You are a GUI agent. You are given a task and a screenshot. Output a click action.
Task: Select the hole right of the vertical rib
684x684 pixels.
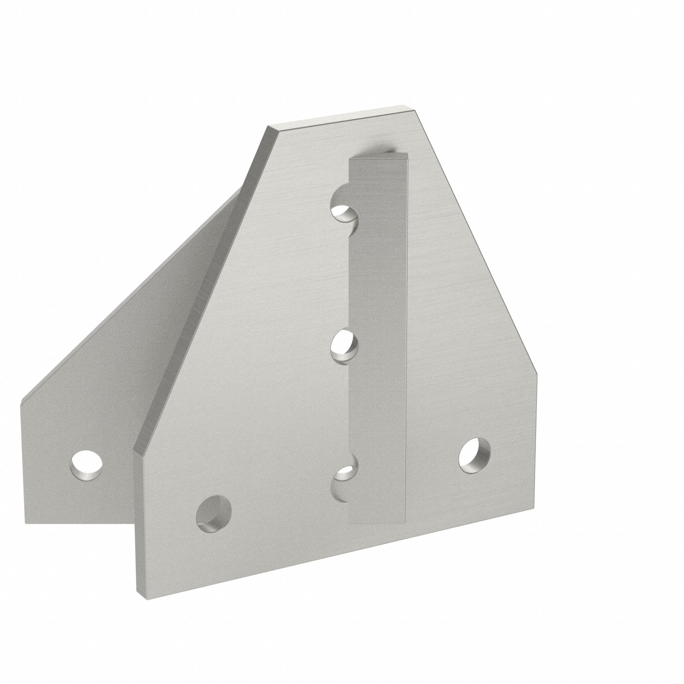tap(474, 455)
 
